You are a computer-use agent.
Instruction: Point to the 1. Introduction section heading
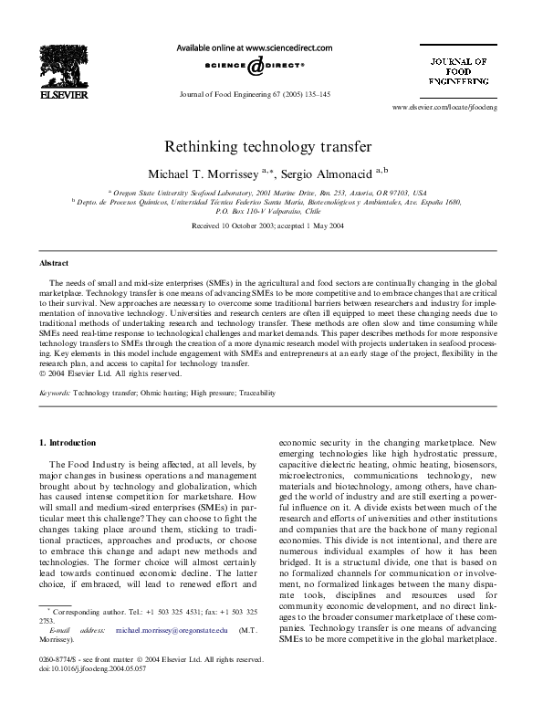pos(67,443)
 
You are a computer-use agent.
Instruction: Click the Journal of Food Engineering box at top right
pos(459,72)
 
